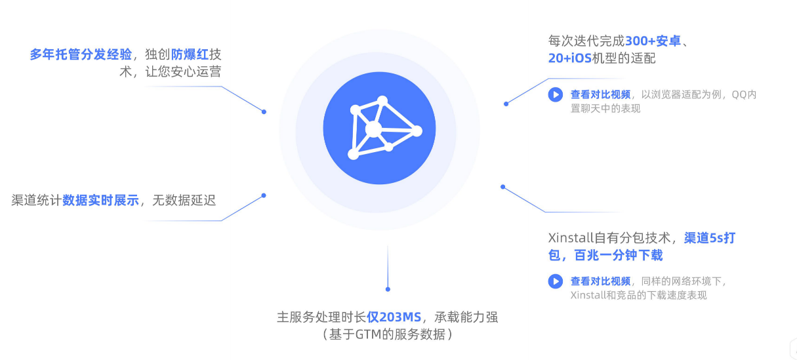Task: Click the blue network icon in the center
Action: point(379,128)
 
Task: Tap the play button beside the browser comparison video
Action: point(556,94)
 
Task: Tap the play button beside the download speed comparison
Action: point(556,281)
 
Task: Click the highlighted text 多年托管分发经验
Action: point(81,54)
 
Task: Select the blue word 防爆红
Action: point(190,54)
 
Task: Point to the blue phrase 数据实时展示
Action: point(100,200)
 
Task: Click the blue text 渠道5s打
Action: point(710,237)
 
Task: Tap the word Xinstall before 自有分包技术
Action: point(570,237)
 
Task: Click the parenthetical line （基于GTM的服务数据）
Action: point(388,334)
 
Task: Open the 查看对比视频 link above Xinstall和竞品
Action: point(600,281)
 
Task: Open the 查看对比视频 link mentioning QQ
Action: point(600,94)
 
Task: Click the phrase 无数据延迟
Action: point(184,200)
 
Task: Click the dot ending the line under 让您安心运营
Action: point(264,111)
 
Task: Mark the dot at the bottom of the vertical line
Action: point(388,289)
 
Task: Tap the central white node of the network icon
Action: point(373,129)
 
